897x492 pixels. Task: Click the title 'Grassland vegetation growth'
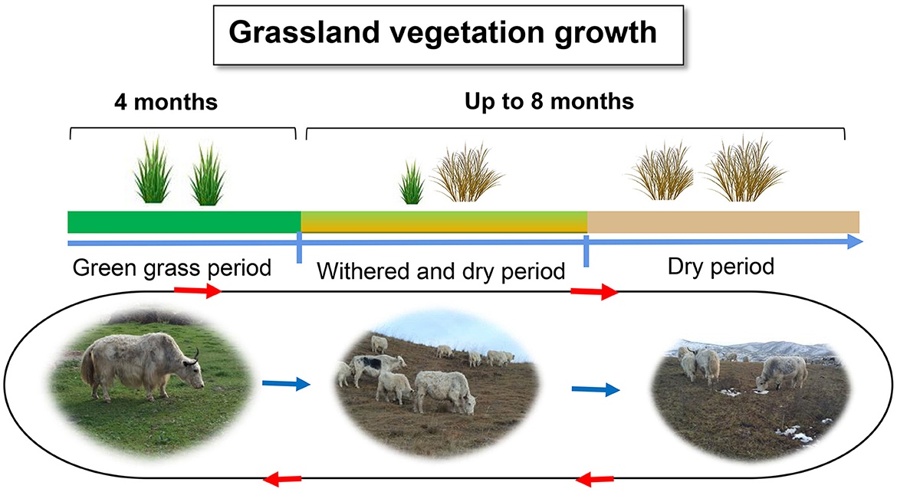point(443,33)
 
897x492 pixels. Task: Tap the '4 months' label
point(166,103)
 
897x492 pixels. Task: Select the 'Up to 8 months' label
point(549,102)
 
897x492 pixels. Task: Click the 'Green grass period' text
point(172,267)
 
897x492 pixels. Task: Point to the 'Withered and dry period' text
point(441,271)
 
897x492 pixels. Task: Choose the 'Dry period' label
point(721,267)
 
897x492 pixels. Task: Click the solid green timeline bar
point(184,222)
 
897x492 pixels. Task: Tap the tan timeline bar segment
point(723,222)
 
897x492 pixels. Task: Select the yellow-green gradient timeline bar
point(444,222)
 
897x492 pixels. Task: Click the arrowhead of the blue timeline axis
point(855,242)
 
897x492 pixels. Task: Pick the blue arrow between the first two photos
point(286,383)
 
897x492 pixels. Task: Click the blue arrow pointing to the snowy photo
point(596,389)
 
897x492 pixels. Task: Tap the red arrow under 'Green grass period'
point(197,290)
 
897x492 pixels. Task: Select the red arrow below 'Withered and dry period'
point(594,292)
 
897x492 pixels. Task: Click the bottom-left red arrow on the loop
point(282,478)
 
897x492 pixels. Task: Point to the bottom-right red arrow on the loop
point(595,478)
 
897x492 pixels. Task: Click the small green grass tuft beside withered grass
point(411,182)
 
